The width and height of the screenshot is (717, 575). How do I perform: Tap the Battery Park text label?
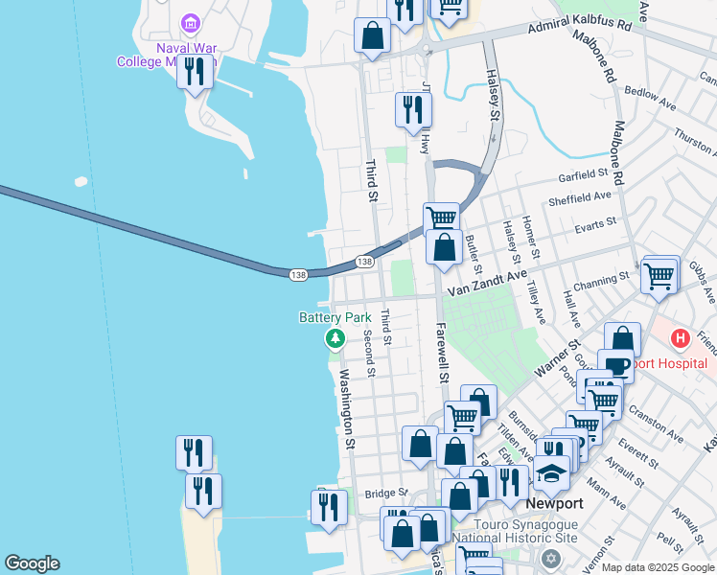(x=335, y=317)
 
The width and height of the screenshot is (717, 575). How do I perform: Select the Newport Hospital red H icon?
(x=680, y=338)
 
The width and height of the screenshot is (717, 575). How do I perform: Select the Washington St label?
(x=346, y=409)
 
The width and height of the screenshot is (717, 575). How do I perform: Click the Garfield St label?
(x=585, y=177)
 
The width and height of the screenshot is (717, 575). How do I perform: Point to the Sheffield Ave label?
(x=579, y=198)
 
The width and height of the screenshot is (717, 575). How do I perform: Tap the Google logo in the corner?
(x=32, y=563)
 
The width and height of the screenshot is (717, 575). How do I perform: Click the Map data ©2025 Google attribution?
(x=659, y=567)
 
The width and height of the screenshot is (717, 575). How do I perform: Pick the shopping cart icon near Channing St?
(x=659, y=275)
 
